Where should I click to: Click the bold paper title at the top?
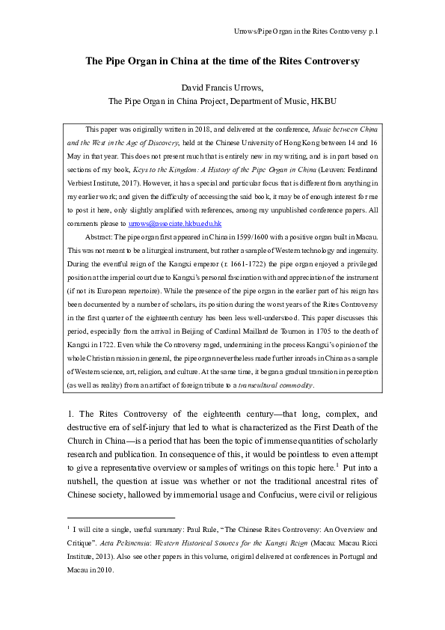[x=223, y=61]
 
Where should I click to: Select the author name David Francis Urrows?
[x=223, y=88]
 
